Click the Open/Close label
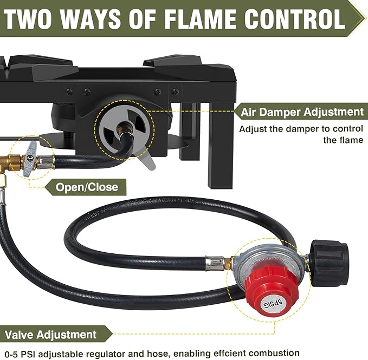[87, 187]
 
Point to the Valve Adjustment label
[49, 335]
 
